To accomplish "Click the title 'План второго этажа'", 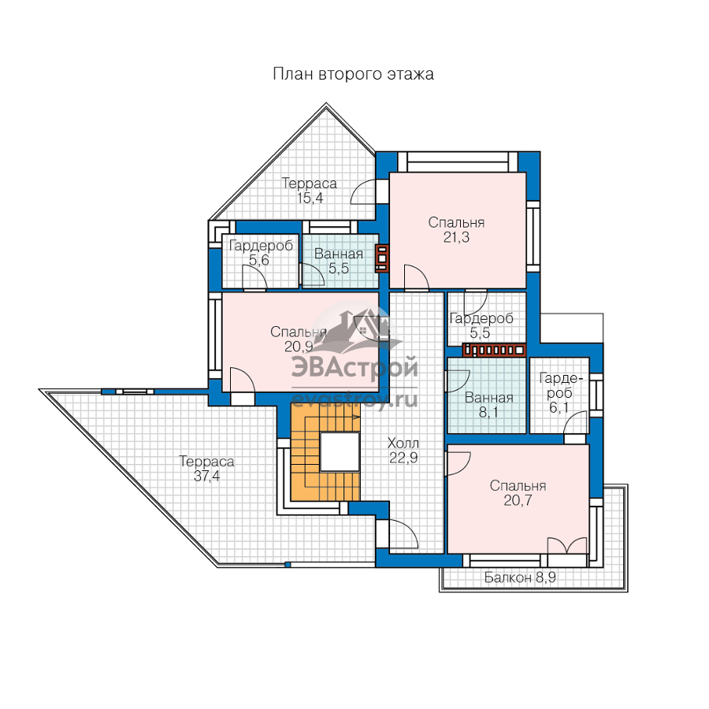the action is click(x=353, y=74).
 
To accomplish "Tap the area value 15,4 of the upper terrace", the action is click(x=310, y=198).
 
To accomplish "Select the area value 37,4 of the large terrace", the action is click(x=206, y=476).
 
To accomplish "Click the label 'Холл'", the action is click(x=403, y=443).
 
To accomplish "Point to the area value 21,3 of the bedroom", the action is click(x=456, y=237).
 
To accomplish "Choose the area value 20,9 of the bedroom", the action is click(x=299, y=347).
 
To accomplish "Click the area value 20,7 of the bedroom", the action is click(x=518, y=500).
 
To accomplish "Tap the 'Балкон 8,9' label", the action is click(x=520, y=577).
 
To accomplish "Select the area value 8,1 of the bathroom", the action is click(x=488, y=412).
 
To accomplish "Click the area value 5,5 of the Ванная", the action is click(x=339, y=269).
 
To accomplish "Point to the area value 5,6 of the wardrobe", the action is click(x=259, y=260).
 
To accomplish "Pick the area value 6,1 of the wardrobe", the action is click(x=559, y=408).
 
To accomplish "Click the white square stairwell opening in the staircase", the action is click(x=340, y=451).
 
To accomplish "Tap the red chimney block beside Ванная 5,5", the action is click(x=382, y=258).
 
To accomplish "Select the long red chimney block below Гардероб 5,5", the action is click(x=494, y=350).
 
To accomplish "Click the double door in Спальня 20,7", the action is click(x=567, y=546).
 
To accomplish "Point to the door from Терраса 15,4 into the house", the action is click(x=363, y=192).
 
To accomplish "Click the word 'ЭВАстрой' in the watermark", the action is click(x=355, y=367).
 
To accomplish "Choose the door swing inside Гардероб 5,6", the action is click(x=254, y=277).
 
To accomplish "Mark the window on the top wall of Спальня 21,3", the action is click(x=458, y=161).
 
